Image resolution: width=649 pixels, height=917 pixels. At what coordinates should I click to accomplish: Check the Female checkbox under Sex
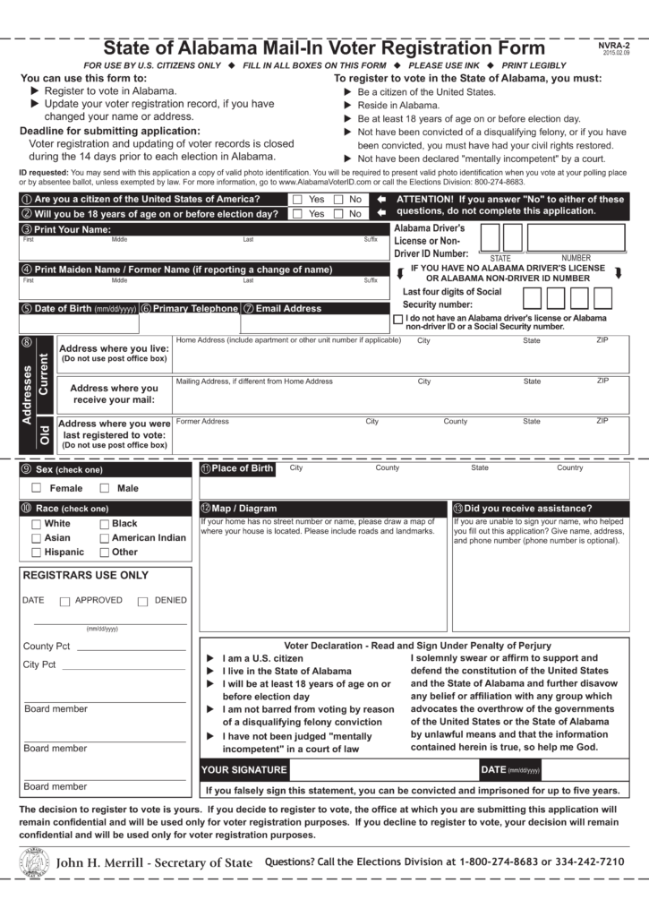pyautogui.click(x=37, y=488)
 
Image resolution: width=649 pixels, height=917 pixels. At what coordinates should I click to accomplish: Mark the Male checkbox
pyautogui.click(x=105, y=488)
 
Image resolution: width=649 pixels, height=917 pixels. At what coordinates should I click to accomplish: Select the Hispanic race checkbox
pyautogui.click(x=37, y=553)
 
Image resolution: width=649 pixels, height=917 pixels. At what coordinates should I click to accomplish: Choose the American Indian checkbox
pyautogui.click(x=105, y=538)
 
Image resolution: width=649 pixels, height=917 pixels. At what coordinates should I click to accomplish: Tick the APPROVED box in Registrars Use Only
pyautogui.click(x=64, y=602)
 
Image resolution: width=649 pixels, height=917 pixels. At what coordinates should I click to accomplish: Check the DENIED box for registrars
pyautogui.click(x=142, y=602)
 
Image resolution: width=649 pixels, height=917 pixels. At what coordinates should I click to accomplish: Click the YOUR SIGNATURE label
pyautogui.click(x=244, y=769)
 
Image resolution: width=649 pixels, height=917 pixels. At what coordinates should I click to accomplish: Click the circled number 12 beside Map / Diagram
pyautogui.click(x=205, y=509)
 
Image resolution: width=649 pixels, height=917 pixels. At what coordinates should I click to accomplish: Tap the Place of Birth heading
pyautogui.click(x=243, y=468)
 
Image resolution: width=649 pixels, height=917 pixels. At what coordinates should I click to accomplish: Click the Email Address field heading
pyautogui.click(x=288, y=308)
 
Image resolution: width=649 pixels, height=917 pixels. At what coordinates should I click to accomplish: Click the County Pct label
pyautogui.click(x=47, y=646)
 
